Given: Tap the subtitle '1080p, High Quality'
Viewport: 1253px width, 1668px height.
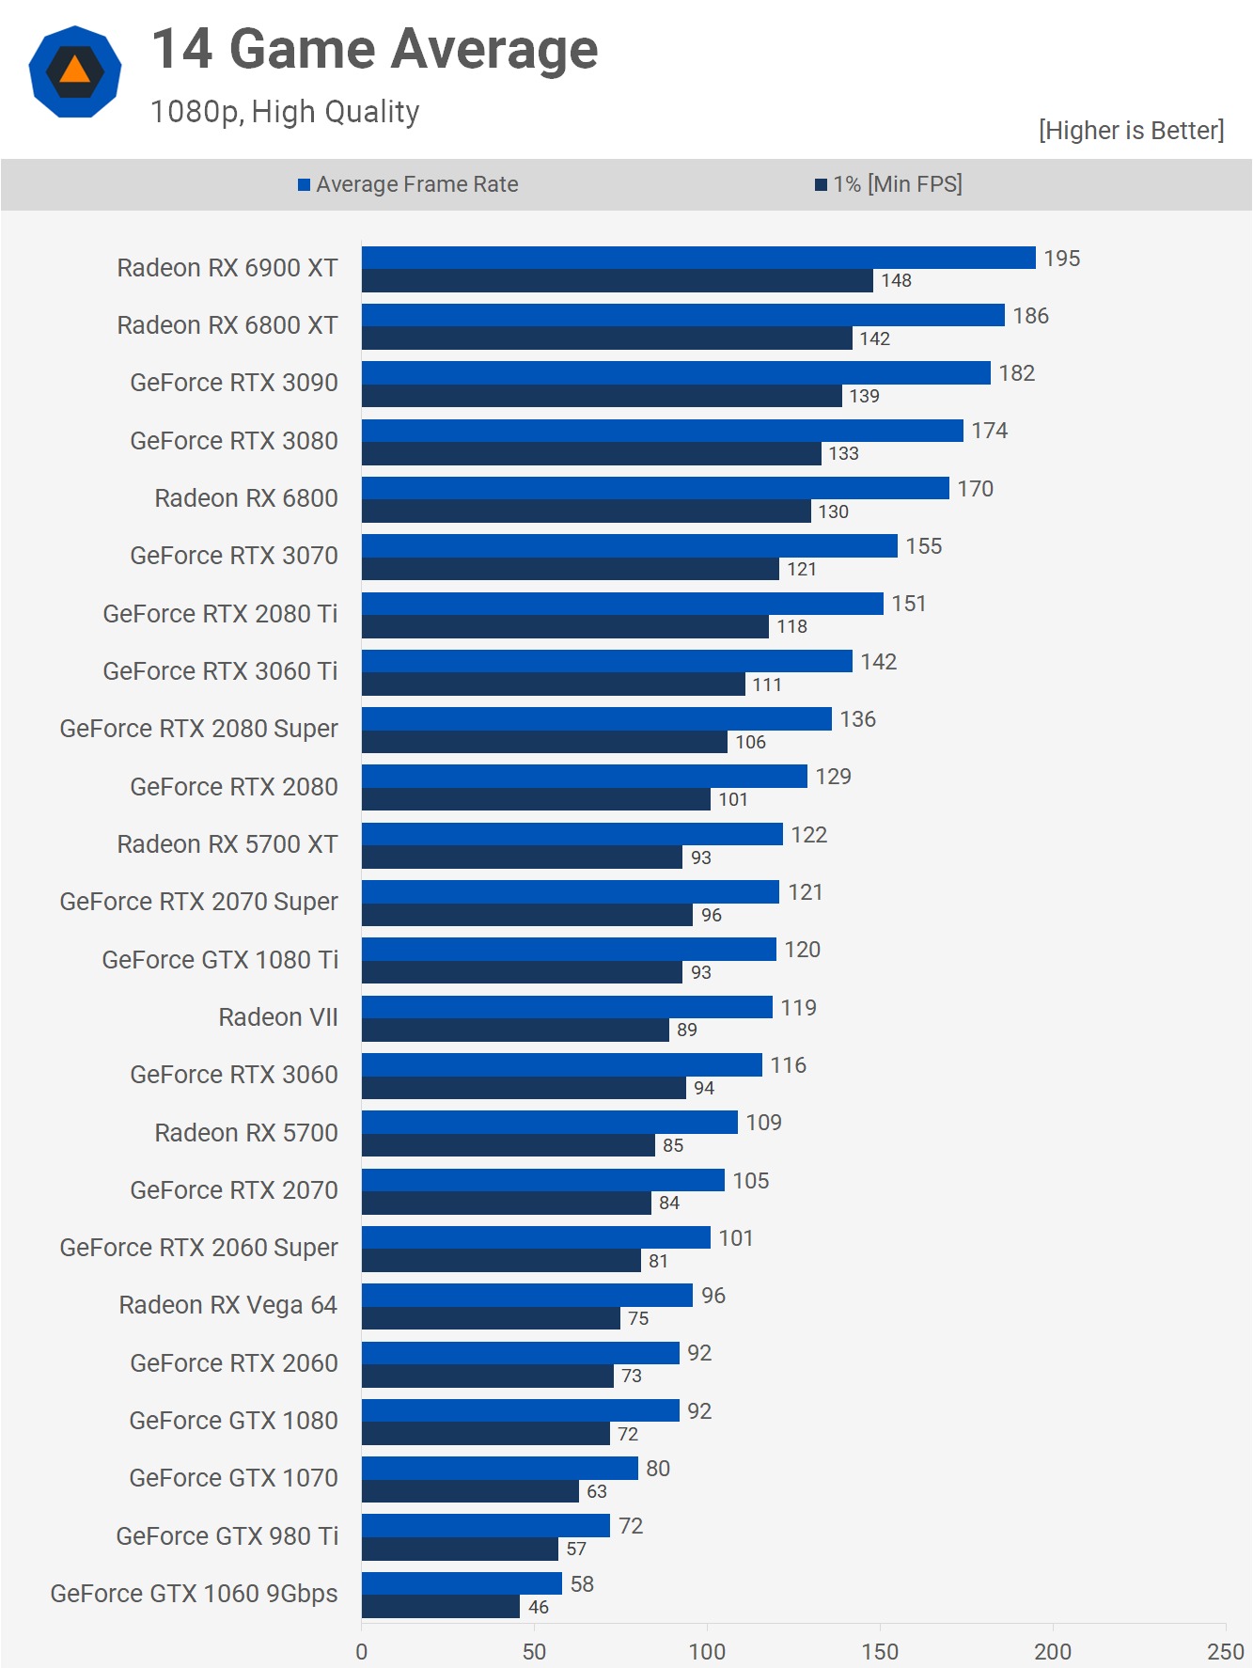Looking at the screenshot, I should pyautogui.click(x=285, y=112).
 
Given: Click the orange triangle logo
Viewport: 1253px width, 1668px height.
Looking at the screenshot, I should pyautogui.click(x=75, y=71).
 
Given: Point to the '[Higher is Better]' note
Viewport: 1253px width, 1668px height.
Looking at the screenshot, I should pyautogui.click(x=1131, y=130).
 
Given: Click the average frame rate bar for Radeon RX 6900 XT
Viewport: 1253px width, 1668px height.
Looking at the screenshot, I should pyautogui.click(x=697, y=258).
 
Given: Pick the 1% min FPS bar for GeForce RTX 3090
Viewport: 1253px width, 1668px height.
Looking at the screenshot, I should pyautogui.click(x=602, y=396).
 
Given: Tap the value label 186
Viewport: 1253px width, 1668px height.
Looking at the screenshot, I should pyautogui.click(x=1030, y=316).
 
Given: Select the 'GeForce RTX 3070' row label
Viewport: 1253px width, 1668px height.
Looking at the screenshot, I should pyautogui.click(x=233, y=556).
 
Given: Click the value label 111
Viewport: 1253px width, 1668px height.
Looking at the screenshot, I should pyautogui.click(x=767, y=685).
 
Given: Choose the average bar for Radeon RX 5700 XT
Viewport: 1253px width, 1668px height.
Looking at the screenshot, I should pyautogui.click(x=572, y=834).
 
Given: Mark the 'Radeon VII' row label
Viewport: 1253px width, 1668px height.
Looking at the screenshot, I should pyautogui.click(x=278, y=1017).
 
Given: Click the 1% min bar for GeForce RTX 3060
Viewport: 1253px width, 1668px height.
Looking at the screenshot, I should pyautogui.click(x=524, y=1088).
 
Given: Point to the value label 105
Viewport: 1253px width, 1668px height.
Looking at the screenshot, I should pyautogui.click(x=751, y=1180).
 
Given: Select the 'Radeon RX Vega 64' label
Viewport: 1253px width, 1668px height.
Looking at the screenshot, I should pyautogui.click(x=227, y=1305).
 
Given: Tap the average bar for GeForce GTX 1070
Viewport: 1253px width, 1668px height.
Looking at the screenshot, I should pyautogui.click(x=499, y=1468).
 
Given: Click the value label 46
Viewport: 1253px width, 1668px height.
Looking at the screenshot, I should pyautogui.click(x=539, y=1607).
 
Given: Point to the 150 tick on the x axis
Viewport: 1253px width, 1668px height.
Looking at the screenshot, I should pyautogui.click(x=880, y=1651).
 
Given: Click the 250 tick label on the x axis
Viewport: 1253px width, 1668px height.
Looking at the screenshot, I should pyautogui.click(x=1226, y=1651).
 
